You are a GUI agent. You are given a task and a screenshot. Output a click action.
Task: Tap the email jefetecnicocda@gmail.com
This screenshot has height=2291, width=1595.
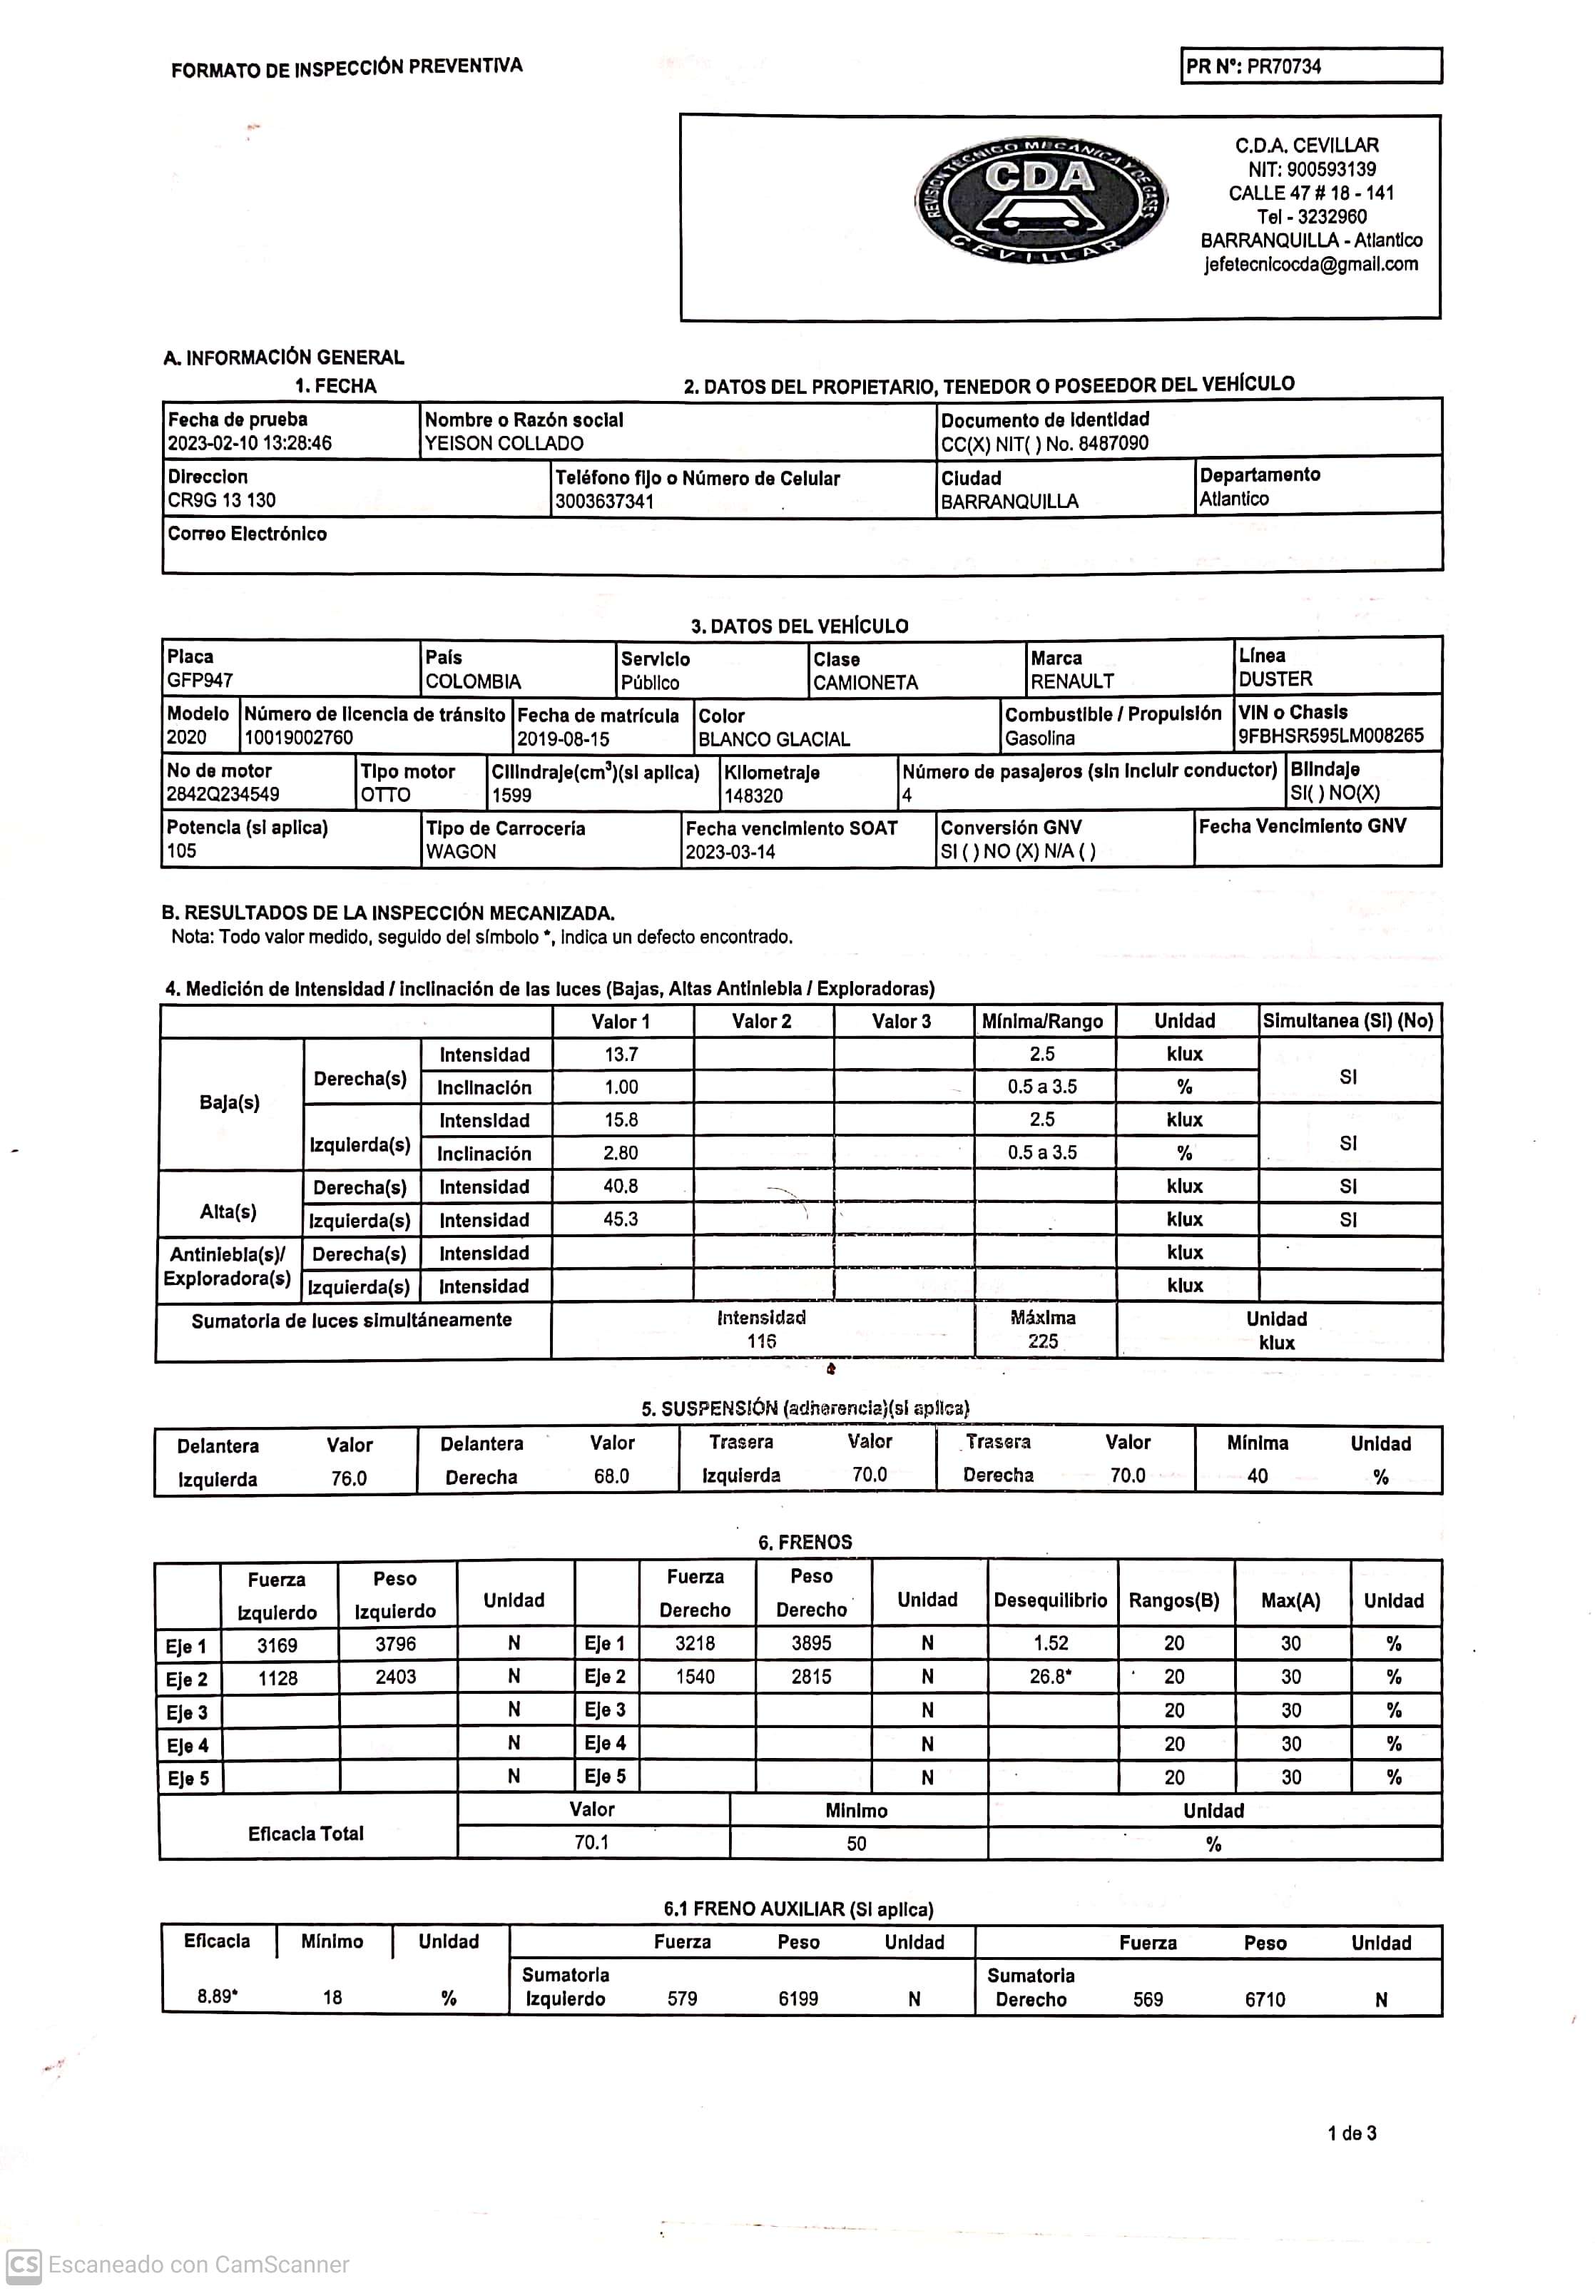[1310, 265]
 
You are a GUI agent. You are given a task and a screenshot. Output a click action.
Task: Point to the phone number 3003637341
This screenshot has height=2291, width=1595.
[604, 502]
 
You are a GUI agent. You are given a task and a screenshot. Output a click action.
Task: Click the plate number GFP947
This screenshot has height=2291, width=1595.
[200, 681]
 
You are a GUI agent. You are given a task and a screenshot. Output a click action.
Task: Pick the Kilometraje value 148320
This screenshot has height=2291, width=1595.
[753, 796]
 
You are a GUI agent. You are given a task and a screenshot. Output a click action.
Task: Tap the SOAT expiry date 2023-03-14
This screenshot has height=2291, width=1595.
[730, 852]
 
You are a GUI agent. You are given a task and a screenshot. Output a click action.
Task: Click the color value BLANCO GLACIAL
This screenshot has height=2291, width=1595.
[774, 739]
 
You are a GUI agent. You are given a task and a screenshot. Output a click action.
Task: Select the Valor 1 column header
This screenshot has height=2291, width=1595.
[621, 1022]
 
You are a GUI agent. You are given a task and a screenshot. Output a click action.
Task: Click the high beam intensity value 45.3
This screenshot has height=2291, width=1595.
[621, 1219]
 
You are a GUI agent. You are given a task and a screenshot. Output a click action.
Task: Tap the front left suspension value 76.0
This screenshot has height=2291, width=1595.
[349, 1479]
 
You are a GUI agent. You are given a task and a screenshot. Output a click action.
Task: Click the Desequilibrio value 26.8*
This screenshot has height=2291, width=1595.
[1050, 1677]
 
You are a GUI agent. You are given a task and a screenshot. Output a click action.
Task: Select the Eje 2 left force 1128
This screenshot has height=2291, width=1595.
[277, 1678]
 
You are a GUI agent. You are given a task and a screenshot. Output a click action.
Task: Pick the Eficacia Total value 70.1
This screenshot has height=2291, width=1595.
[591, 1842]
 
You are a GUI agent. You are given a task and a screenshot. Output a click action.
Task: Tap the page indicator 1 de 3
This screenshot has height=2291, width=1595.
[1352, 2133]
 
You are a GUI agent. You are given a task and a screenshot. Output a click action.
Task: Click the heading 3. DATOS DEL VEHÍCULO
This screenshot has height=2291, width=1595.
[799, 626]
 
